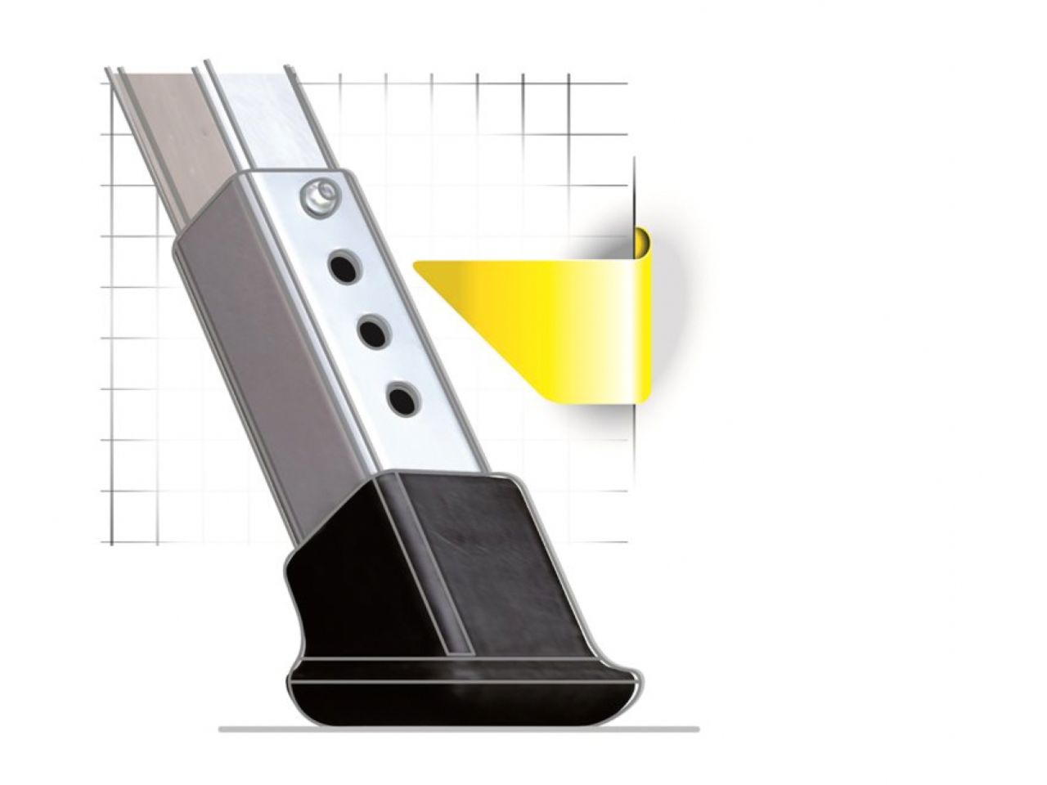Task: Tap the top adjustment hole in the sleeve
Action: click(344, 267)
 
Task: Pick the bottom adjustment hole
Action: click(401, 398)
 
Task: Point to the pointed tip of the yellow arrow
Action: click(417, 264)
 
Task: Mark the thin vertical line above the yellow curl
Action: click(634, 192)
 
